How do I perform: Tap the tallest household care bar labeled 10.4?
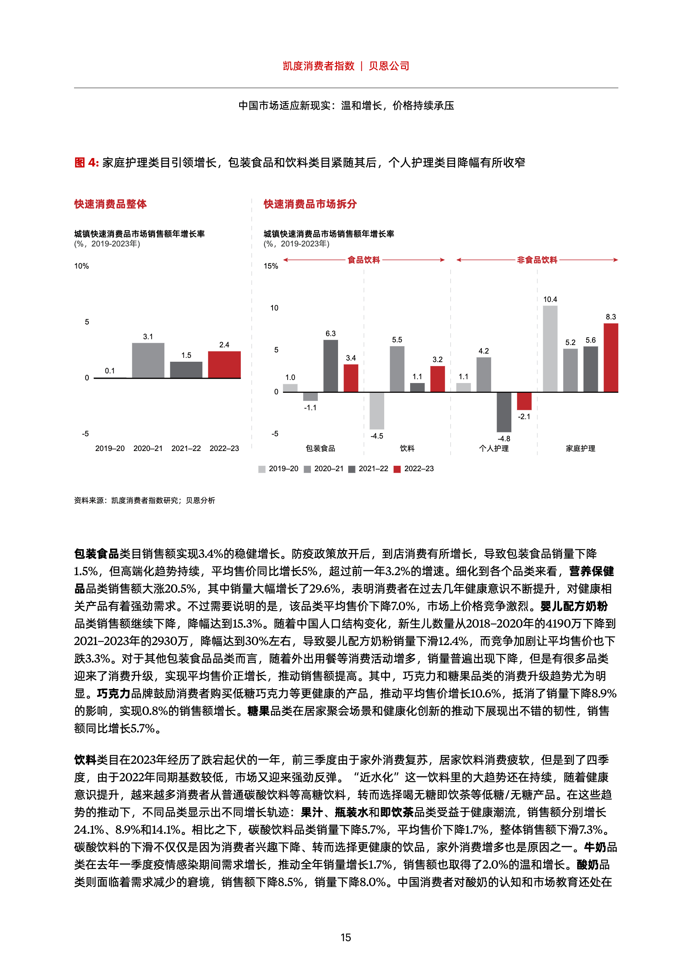pos(550,348)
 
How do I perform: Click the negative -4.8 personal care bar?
pos(504,411)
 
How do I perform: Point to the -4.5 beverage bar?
pos(376,410)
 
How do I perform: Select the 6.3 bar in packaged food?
pos(330,366)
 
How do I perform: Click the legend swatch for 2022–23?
pos(397,469)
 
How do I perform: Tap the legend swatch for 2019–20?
pos(262,469)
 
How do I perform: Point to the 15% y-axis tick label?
pos(271,266)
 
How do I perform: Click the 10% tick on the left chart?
pos(81,266)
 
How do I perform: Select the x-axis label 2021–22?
pos(186,448)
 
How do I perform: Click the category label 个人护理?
pos(494,448)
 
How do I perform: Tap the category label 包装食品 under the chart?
pos(320,448)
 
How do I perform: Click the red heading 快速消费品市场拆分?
pos(310,204)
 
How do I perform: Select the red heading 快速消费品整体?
pos(110,204)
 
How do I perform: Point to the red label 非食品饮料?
pos(537,260)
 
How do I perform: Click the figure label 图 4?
pos(86,163)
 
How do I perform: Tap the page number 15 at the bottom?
pos(346,938)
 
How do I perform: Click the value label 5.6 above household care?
pos(590,340)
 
